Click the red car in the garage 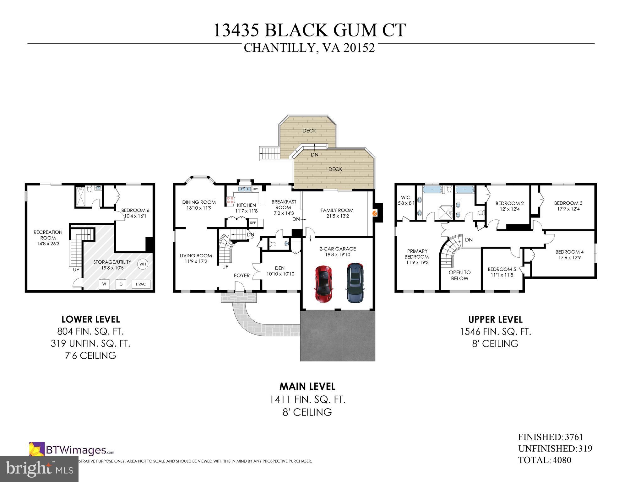point(324,284)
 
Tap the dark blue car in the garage point(355,283)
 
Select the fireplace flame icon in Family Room point(374,213)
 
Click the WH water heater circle point(143,264)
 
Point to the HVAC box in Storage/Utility point(141,284)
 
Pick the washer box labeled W point(104,285)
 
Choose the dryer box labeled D point(121,285)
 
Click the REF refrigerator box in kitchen point(253,223)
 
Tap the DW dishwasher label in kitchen point(255,189)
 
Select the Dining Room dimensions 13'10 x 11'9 point(199,208)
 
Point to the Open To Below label point(459,275)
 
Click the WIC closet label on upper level point(406,197)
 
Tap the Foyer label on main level point(242,275)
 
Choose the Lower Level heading point(90,319)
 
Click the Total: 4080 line point(545,460)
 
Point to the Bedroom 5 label point(502,269)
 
